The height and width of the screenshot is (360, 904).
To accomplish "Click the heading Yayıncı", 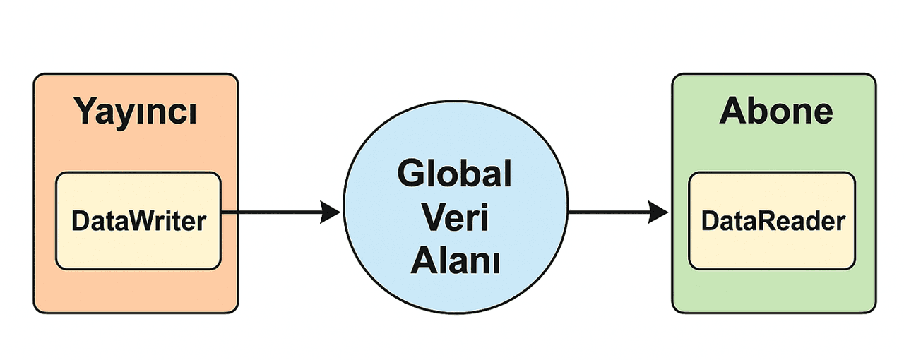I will [136, 113].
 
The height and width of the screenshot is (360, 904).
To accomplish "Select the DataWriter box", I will [138, 221].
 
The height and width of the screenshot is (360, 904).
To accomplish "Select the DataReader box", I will [772, 221].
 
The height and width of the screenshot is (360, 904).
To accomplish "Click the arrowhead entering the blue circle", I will [331, 211].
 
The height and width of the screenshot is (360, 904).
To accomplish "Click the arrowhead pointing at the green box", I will [658, 211].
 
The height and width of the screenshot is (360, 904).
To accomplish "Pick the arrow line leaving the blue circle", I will [607, 211].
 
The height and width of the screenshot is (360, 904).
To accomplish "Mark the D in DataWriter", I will [79, 221].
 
